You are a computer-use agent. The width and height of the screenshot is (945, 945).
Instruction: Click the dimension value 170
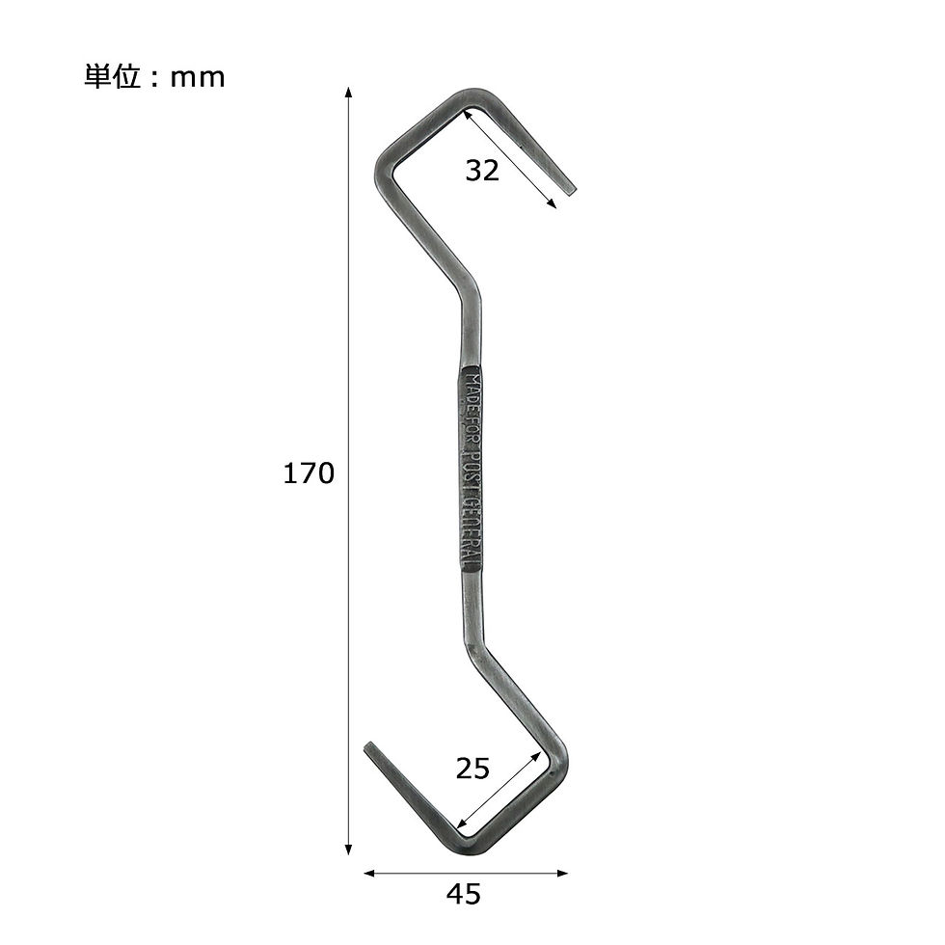tap(309, 473)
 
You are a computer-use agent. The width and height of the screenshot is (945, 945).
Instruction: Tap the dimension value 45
tap(464, 895)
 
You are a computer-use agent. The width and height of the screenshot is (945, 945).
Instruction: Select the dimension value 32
tap(482, 171)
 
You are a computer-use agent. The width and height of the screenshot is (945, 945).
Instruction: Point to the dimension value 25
tap(472, 769)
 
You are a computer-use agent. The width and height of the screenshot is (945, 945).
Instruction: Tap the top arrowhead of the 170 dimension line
tap(348, 92)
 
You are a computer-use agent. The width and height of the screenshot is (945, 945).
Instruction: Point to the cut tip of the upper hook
tap(570, 190)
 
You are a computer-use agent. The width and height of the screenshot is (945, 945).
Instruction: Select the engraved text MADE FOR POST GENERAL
tap(469, 471)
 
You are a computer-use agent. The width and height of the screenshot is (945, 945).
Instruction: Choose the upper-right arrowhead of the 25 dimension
tap(542, 754)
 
